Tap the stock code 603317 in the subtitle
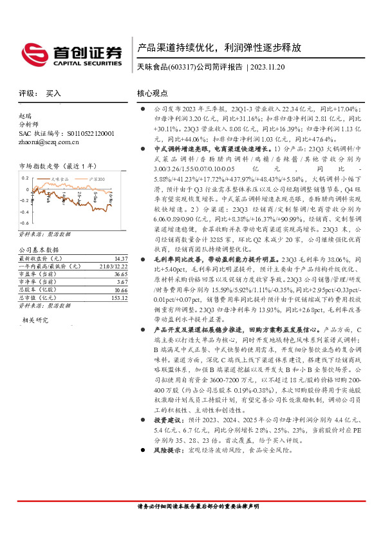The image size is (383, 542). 181,68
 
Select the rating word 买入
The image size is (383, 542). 53,93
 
